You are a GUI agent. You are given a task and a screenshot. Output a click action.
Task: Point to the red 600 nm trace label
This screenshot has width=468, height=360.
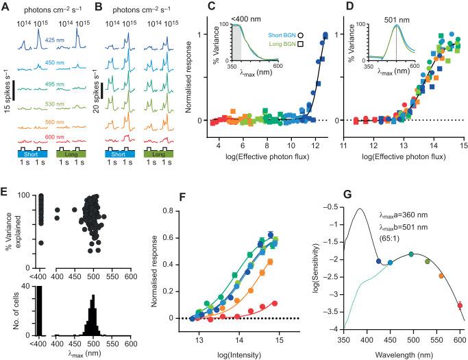pyautogui.click(x=50, y=137)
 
